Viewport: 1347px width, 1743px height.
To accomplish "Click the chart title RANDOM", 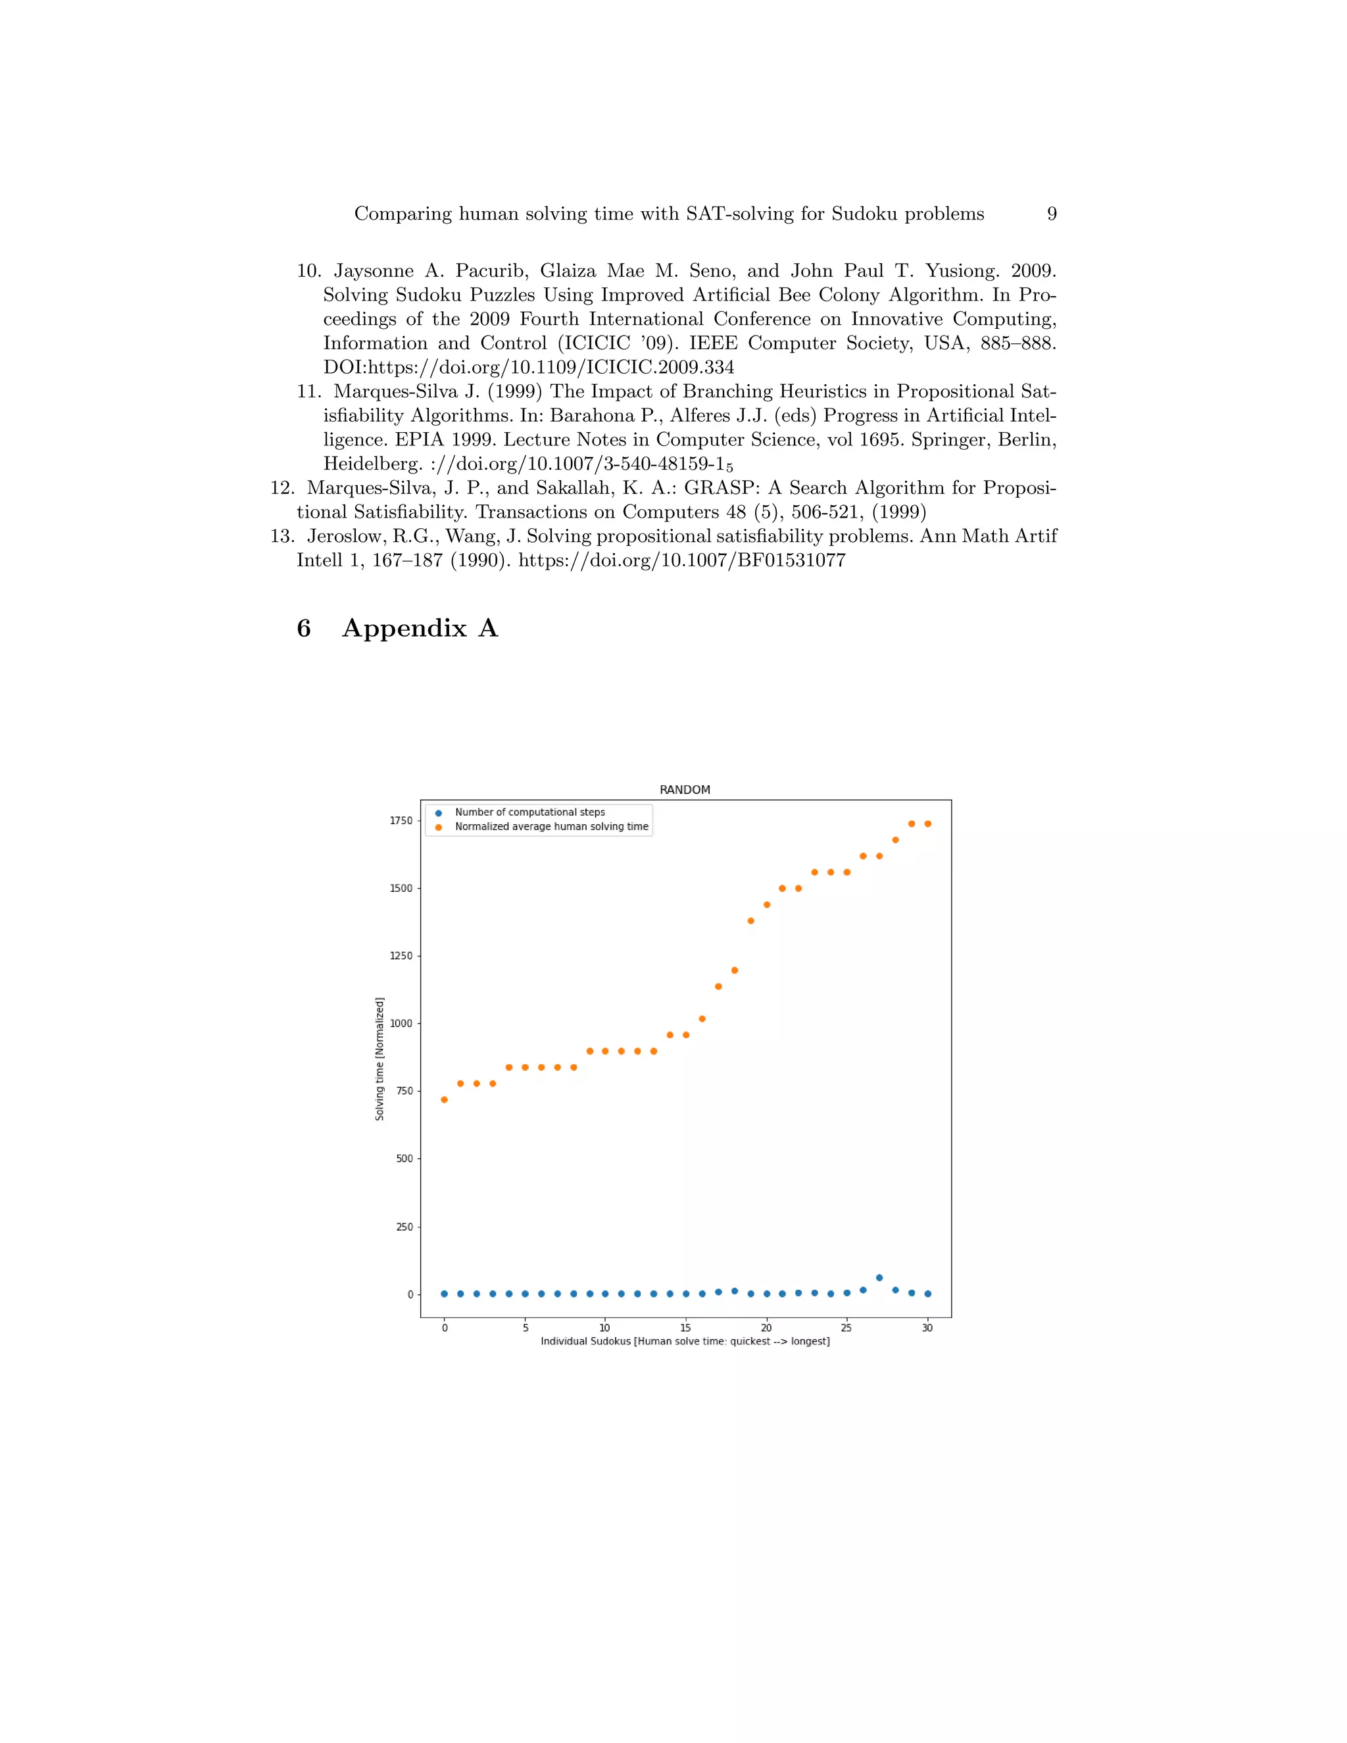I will (684, 789).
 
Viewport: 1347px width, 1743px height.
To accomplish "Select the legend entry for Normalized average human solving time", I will (551, 826).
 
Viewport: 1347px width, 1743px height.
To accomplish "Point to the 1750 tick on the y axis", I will (401, 820).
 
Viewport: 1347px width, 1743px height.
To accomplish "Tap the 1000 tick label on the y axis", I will (401, 1023).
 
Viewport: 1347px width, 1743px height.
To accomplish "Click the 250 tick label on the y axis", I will (404, 1227).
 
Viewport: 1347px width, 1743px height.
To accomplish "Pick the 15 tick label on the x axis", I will (685, 1328).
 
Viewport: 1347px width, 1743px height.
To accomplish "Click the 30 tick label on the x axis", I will (927, 1328).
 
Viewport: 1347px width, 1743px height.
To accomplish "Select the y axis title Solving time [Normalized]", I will (380, 1058).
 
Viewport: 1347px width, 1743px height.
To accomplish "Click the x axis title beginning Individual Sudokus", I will (685, 1342).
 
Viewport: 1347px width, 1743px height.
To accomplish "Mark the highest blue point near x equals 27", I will (879, 1278).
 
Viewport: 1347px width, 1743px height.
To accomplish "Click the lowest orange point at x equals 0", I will (444, 1100).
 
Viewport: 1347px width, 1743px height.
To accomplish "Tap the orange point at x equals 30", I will (927, 823).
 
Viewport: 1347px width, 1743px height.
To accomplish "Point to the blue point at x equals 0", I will (444, 1294).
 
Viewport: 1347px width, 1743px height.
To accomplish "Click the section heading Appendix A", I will (420, 628).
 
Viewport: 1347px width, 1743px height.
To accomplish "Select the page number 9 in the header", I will (1052, 214).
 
